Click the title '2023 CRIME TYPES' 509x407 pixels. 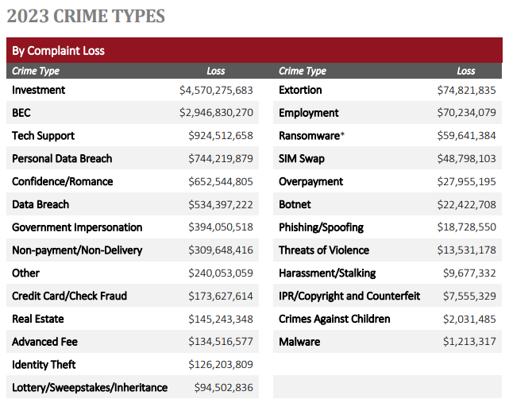pos(86,16)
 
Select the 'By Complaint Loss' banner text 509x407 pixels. pos(58,51)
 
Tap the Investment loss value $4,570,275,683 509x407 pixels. pos(216,91)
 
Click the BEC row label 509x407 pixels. pos(21,113)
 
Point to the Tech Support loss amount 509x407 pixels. pos(221,136)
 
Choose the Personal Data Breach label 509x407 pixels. pos(62,159)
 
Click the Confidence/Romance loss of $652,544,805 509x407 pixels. pos(221,182)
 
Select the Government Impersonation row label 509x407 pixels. pos(77,227)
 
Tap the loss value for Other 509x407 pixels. pos(221,273)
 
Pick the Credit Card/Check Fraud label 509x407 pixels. pos(69,297)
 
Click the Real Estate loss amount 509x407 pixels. pos(221,320)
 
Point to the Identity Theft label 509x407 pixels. pos(44,365)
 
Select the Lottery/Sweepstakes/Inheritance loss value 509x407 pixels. pos(224,388)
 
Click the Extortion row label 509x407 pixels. pos(300,91)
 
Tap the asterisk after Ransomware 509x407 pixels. pos(342,134)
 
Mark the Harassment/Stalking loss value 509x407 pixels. pos(469,273)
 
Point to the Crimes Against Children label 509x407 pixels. pos(334,320)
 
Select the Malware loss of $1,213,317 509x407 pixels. pos(469,342)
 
